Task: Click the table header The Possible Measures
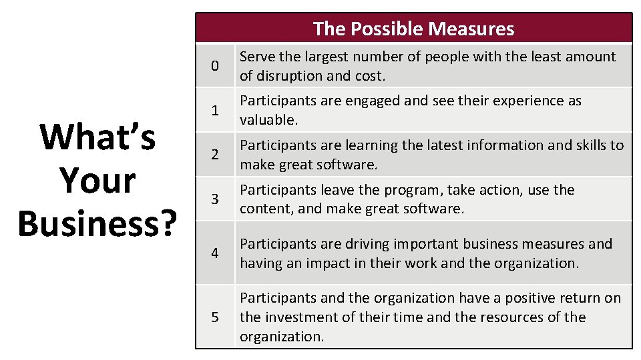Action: click(413, 29)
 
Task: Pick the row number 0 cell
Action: click(214, 66)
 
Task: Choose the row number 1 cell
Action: click(214, 110)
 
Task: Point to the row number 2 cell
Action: click(214, 155)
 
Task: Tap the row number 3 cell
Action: click(214, 199)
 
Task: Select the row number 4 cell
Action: click(214, 253)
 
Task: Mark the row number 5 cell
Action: click(214, 317)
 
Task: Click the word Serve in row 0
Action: click(257, 57)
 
